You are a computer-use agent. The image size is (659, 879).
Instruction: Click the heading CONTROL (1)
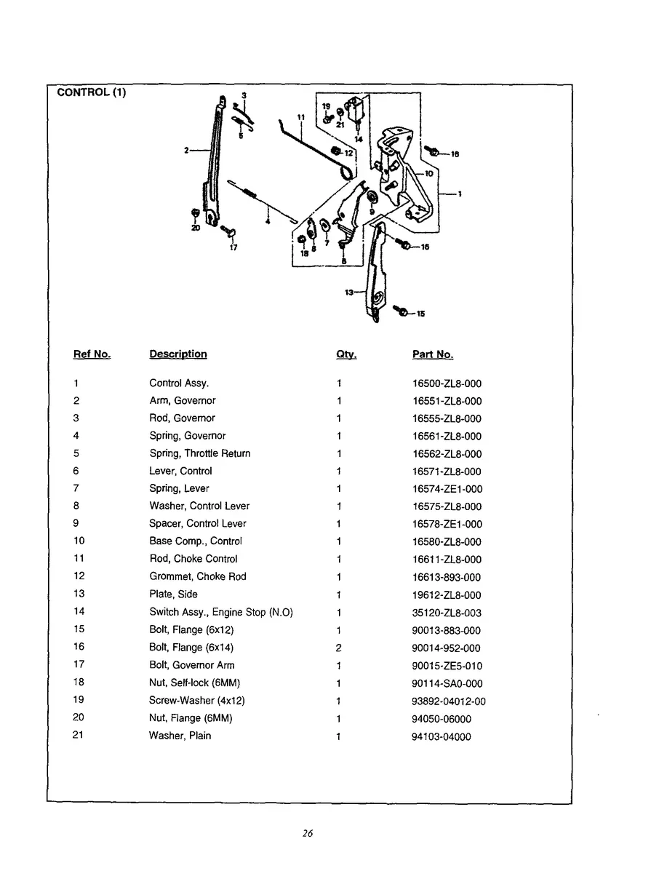tap(91, 92)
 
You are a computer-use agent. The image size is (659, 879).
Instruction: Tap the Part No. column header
tap(432, 354)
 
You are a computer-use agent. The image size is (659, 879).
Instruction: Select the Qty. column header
tap(346, 354)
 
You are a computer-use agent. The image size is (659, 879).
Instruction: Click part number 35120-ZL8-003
tap(447, 613)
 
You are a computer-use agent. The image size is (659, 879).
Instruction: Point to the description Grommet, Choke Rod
tap(197, 576)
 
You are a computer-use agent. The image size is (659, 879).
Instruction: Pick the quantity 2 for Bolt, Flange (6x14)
tap(339, 648)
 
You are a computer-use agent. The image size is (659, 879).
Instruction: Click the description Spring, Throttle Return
tap(199, 453)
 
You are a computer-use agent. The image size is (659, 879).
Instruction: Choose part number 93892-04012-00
tap(449, 701)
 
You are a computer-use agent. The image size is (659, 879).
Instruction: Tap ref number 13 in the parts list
tap(79, 594)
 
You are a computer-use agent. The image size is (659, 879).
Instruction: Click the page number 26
tap(308, 833)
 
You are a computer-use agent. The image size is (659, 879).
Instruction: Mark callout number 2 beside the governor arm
tap(186, 150)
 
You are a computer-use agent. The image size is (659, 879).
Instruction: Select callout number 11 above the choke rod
tap(300, 116)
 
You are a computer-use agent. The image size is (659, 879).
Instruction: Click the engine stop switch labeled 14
tap(356, 111)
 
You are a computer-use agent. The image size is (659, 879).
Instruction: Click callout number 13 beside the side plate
tap(348, 292)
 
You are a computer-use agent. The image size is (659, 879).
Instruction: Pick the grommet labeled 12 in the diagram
tap(336, 151)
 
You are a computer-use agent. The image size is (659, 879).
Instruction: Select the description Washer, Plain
tap(180, 736)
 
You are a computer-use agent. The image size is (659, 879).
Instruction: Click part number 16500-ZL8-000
tap(447, 383)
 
